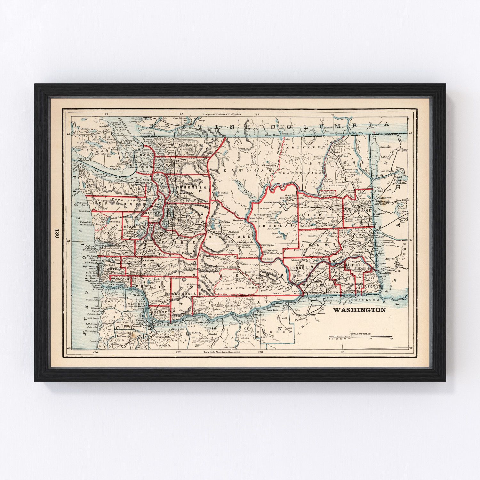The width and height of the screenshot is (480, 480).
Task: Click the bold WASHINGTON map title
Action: (359, 310)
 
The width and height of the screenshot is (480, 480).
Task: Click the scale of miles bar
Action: (361, 337)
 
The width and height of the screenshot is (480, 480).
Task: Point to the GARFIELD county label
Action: (354, 265)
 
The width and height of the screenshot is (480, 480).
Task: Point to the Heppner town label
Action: (261, 337)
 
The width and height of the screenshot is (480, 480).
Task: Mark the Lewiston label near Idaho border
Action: (386, 273)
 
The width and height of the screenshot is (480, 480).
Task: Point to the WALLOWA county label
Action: (369, 300)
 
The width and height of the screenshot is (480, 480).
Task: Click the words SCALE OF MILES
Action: (361, 334)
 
